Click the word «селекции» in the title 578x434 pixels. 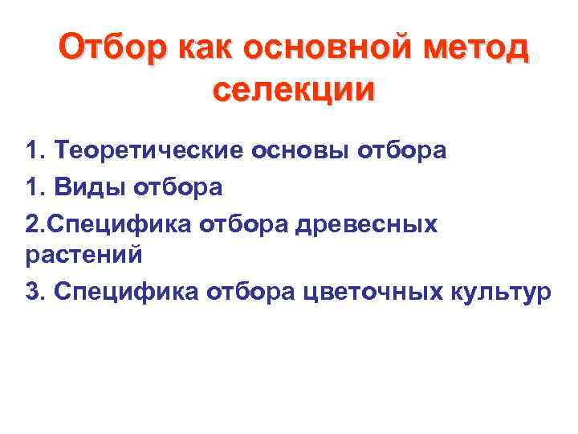[294, 88]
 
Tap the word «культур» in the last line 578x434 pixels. [501, 292]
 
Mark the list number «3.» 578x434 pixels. [35, 292]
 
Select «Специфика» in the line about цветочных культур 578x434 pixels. [126, 292]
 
